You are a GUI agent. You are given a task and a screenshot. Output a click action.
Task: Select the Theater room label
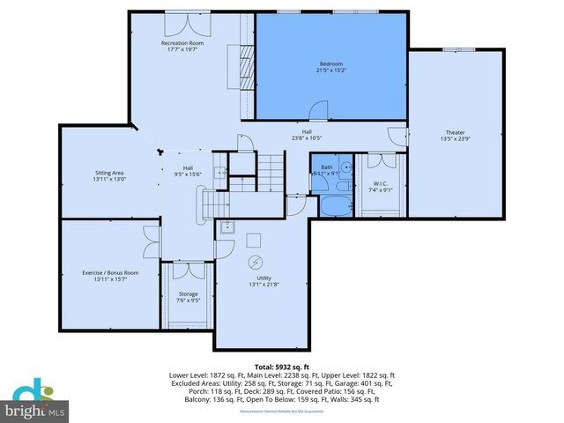click(x=456, y=132)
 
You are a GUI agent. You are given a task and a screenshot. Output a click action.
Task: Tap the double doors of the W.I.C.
click(x=381, y=161)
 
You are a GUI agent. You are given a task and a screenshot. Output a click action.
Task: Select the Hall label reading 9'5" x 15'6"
click(x=188, y=171)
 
